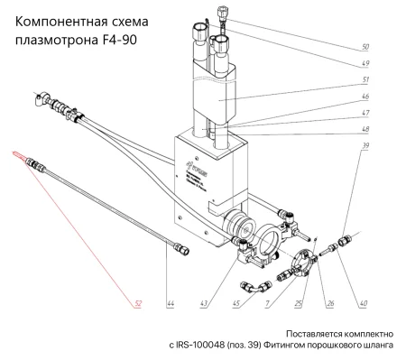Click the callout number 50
click(364, 46)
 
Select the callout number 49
click(364, 63)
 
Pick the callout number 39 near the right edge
click(364, 144)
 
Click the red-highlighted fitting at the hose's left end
click(21, 155)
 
